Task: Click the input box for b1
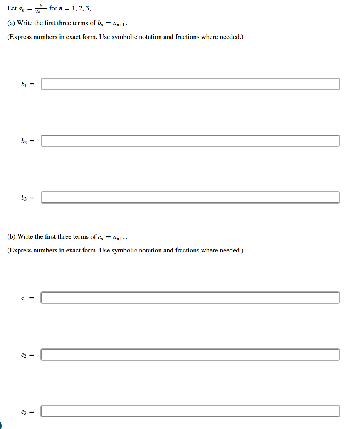click(x=190, y=84)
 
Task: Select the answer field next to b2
click(x=190, y=141)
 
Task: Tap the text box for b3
click(x=190, y=197)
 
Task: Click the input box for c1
click(x=190, y=298)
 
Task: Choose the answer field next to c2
click(x=190, y=355)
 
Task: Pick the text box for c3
click(x=190, y=411)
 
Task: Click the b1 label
click(x=24, y=84)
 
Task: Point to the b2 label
click(x=24, y=141)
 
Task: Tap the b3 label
click(x=24, y=197)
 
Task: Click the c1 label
click(x=24, y=298)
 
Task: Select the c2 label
click(x=24, y=355)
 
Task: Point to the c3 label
click(x=24, y=411)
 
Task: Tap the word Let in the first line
click(x=12, y=8)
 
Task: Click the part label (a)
click(x=11, y=23)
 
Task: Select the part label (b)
click(x=11, y=237)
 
